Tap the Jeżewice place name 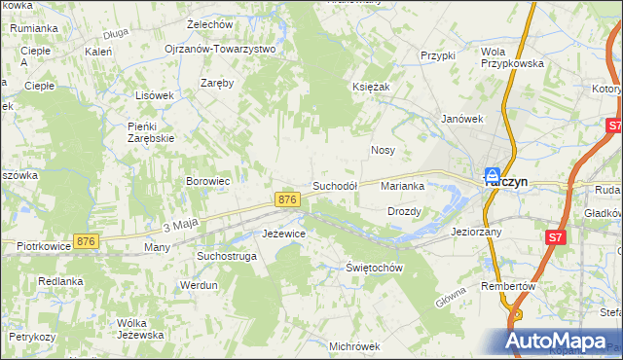click(285, 234)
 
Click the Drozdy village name click(404, 211)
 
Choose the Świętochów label click(375, 268)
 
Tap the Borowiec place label click(207, 181)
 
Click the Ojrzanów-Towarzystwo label click(220, 48)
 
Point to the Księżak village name click(371, 87)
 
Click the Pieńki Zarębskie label click(151, 131)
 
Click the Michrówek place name click(353, 346)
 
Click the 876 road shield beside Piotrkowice click(87, 241)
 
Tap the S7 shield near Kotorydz click(613, 126)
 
